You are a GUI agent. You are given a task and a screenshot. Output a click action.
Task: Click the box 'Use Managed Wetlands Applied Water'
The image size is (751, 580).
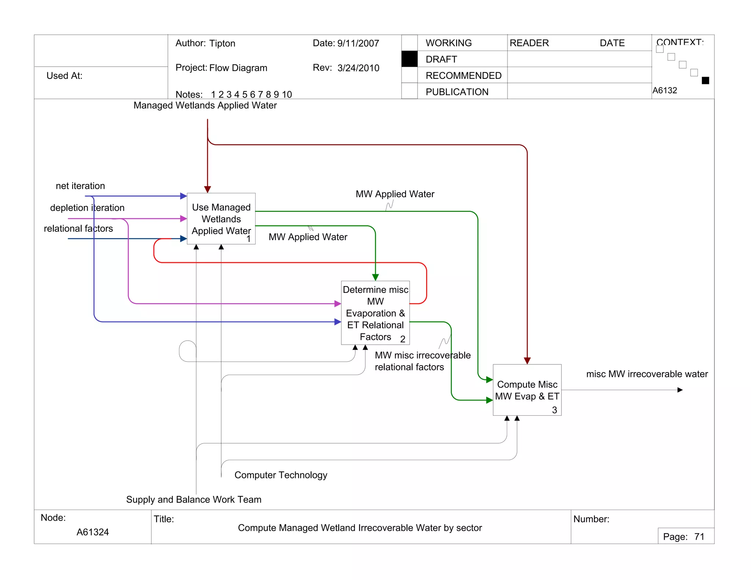click(x=221, y=219)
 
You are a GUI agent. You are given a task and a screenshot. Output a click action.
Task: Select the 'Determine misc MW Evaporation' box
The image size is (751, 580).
click(x=375, y=313)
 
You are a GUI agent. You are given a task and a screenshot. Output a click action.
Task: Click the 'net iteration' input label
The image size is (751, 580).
click(x=80, y=186)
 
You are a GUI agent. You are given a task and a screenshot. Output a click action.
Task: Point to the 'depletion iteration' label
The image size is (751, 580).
click(x=87, y=208)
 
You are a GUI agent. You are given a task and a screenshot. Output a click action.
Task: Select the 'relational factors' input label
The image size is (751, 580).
click(x=78, y=228)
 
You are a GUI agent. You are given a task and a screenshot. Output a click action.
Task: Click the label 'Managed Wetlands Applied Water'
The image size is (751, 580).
click(x=205, y=106)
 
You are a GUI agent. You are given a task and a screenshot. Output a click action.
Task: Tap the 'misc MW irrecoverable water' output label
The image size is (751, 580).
click(x=647, y=374)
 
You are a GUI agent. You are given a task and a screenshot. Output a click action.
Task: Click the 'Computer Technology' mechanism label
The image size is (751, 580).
click(x=281, y=475)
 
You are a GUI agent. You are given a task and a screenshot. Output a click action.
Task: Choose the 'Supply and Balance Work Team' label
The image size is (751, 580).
click(x=194, y=500)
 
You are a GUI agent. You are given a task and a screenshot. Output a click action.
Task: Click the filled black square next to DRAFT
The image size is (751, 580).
click(x=409, y=59)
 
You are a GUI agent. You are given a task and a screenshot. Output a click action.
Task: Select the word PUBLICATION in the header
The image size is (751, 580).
click(x=457, y=92)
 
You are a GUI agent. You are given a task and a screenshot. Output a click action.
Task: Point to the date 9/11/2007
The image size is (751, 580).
click(x=358, y=43)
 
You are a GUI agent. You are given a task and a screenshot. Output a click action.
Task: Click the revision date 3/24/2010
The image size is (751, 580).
click(x=358, y=68)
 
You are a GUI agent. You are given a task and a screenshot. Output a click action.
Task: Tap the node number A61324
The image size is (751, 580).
click(x=92, y=532)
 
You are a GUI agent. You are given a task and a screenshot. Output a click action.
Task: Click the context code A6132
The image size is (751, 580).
click(x=664, y=91)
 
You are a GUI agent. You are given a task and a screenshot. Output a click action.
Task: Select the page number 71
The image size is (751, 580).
click(x=699, y=537)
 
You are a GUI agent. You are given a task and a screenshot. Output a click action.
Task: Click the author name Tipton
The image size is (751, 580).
click(x=222, y=43)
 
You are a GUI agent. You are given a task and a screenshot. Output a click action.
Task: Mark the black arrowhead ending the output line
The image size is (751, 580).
click(x=680, y=390)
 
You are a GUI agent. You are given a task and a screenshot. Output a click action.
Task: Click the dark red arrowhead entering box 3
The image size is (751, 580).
click(x=527, y=361)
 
